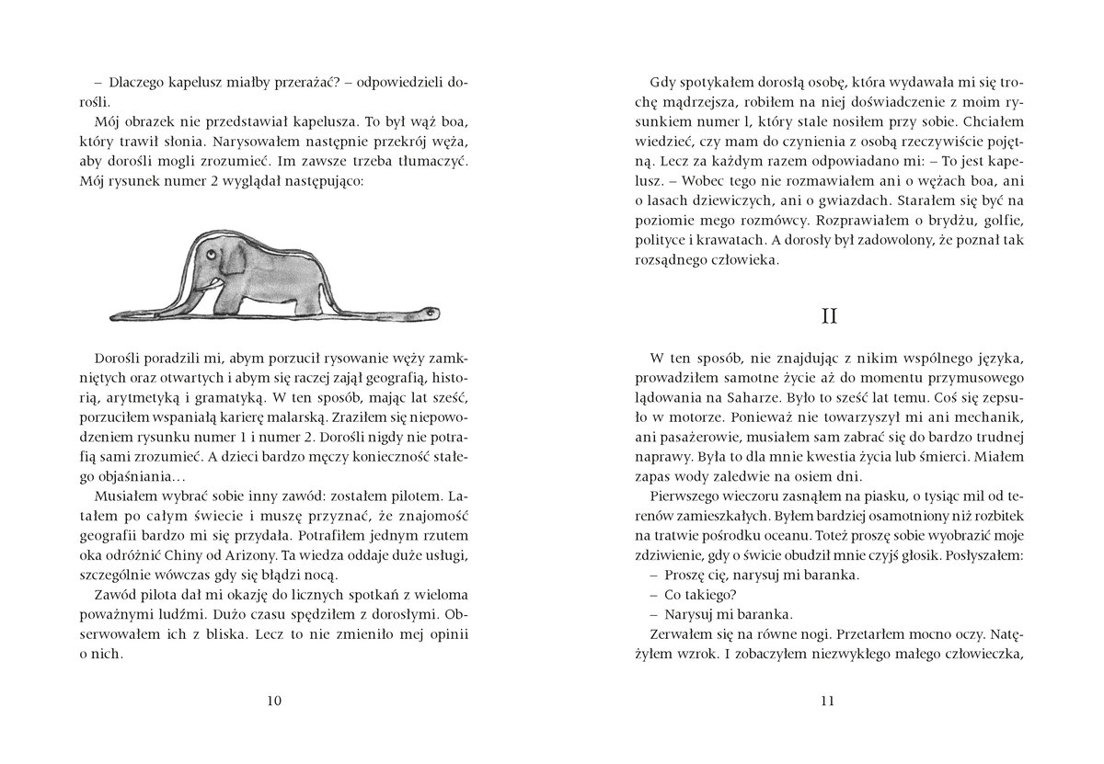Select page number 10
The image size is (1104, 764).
click(273, 701)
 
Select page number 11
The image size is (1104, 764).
click(825, 701)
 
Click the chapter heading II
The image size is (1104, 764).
click(827, 316)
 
